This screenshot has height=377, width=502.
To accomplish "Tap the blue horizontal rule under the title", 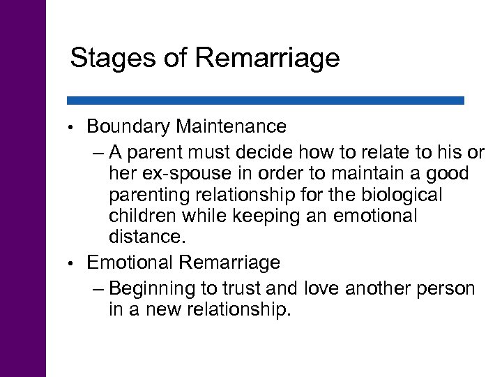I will pos(266,101).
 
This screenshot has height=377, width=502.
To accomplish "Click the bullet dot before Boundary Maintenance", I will pos(73,128).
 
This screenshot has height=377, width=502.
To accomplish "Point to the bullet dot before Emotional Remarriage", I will pos(73,265).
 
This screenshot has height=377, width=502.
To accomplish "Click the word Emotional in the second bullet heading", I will pos(130,263).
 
